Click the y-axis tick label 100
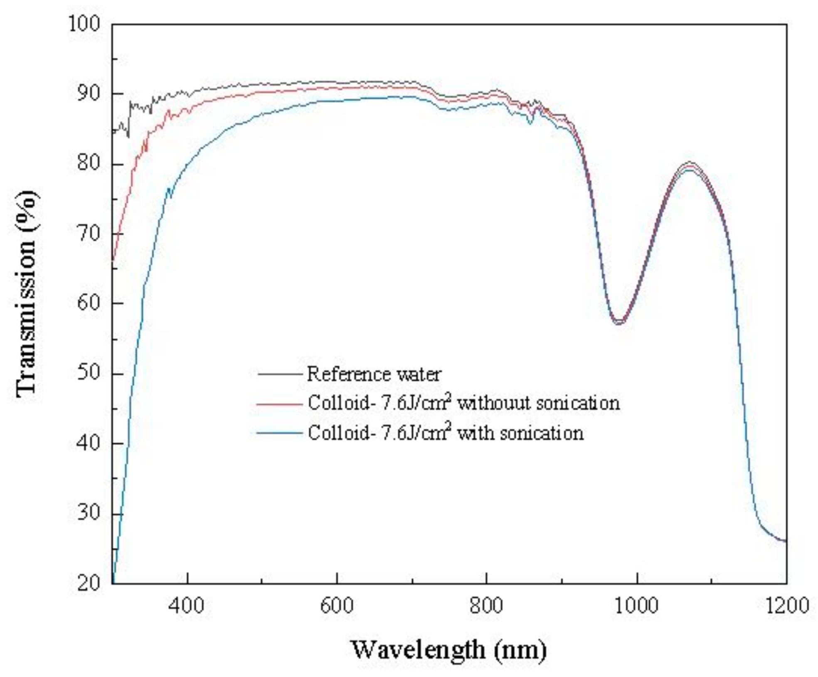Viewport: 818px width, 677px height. (84, 24)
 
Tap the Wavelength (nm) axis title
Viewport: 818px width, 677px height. (449, 650)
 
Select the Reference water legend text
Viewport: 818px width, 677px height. (374, 374)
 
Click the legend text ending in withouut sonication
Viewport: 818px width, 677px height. (463, 403)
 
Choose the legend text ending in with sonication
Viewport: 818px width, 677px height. (446, 433)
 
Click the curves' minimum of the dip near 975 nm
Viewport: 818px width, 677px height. (618, 322)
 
